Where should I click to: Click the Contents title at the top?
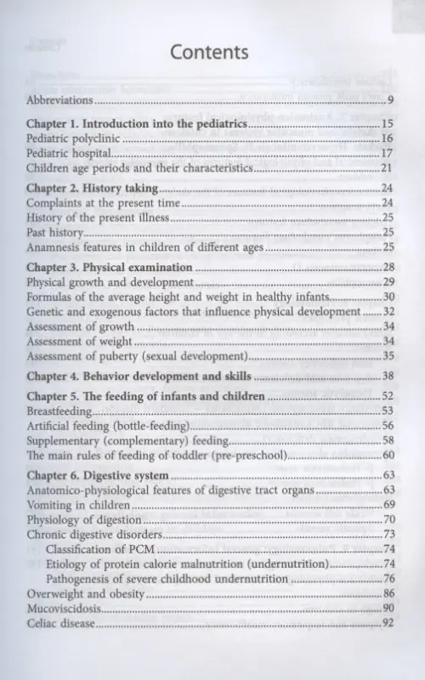point(209,53)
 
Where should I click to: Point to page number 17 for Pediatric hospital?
point(386,154)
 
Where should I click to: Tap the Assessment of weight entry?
point(80,341)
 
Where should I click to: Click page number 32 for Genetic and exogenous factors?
point(386,312)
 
